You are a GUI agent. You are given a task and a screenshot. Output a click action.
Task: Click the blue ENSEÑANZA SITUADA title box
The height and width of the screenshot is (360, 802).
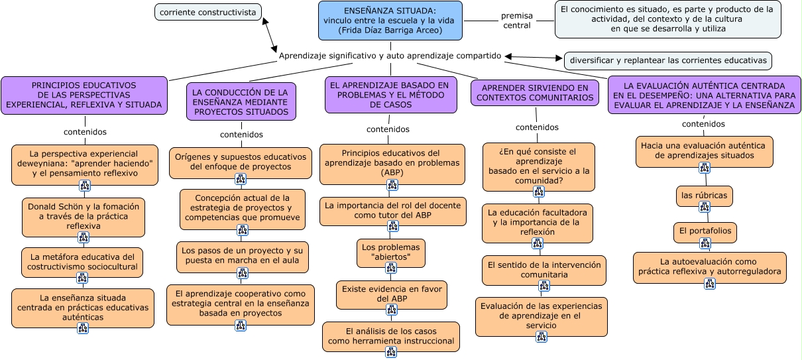click(390, 21)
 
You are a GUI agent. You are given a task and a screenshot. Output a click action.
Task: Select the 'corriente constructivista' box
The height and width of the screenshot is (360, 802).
click(207, 12)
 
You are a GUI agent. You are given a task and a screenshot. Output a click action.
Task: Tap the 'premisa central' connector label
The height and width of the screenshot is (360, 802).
click(516, 21)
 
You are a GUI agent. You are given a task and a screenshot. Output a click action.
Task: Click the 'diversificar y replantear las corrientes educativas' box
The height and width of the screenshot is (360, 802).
click(668, 61)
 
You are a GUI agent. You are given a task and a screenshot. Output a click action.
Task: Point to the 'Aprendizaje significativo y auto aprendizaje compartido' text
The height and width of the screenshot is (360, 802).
click(390, 56)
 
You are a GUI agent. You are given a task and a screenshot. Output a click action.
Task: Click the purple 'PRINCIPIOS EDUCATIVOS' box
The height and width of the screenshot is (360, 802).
click(84, 95)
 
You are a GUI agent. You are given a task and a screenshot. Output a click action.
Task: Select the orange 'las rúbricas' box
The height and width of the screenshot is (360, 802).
click(704, 196)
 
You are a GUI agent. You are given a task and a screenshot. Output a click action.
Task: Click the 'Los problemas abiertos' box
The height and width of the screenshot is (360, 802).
click(390, 252)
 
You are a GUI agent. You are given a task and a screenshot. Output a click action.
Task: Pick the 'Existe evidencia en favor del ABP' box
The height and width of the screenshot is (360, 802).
click(391, 294)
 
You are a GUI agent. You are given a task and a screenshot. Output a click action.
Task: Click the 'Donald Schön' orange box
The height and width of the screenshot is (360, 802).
click(83, 216)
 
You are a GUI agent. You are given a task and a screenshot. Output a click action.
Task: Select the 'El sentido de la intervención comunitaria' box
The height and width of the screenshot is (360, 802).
click(544, 269)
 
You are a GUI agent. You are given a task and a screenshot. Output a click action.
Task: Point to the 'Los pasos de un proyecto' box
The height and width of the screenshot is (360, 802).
click(242, 256)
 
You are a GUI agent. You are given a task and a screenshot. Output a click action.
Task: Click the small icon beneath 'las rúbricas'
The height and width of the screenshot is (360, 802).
click(705, 208)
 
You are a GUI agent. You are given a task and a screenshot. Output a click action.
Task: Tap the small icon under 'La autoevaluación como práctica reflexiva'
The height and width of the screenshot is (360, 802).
click(710, 284)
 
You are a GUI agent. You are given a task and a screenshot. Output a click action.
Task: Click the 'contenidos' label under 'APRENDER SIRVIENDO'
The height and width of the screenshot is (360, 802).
click(537, 127)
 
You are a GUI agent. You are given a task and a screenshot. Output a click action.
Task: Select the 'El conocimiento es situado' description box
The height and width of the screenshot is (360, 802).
click(667, 19)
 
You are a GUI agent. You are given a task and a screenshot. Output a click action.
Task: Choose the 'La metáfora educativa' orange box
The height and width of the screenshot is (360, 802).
click(83, 262)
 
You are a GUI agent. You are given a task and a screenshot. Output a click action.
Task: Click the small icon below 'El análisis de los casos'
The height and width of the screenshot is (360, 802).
click(391, 352)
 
